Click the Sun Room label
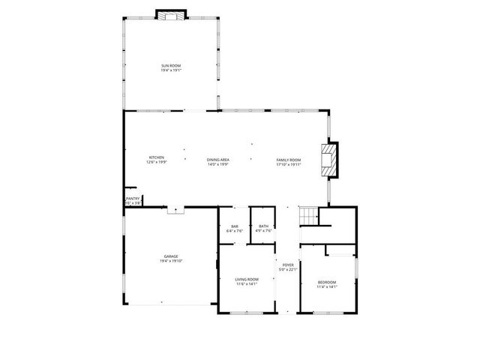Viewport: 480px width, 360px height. [x=170, y=66]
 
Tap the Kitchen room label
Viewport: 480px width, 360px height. [x=156, y=157]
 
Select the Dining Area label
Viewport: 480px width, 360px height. [x=218, y=160]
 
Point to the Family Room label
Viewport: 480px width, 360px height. [x=289, y=160]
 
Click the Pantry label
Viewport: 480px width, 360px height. [x=132, y=199]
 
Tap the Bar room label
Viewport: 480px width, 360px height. [x=235, y=226]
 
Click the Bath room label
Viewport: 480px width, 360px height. [x=263, y=226]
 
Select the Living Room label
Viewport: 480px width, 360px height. [x=247, y=280]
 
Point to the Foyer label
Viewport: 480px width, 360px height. [x=289, y=265]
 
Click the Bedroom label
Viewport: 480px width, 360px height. [x=327, y=282]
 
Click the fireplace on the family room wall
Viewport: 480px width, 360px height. [x=329, y=160]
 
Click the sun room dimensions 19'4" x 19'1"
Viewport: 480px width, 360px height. [x=170, y=70]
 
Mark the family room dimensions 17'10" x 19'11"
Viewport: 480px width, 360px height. [x=289, y=164]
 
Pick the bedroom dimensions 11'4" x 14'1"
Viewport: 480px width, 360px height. [x=327, y=286]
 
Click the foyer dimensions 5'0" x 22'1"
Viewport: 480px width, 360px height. [x=289, y=269]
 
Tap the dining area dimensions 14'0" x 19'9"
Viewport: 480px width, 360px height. [x=218, y=164]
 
